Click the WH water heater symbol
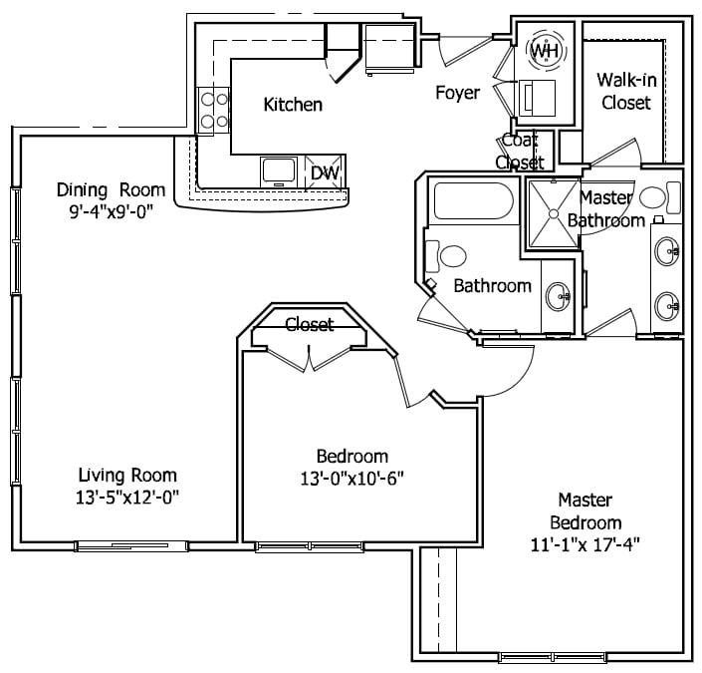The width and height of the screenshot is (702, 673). point(545,50)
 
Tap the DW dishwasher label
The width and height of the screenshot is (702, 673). point(324,172)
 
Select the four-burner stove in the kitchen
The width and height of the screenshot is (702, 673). point(213,111)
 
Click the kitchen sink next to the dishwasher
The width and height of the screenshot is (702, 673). point(277,170)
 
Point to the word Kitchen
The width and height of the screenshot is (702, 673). point(292,105)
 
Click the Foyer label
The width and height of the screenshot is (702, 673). point(457,93)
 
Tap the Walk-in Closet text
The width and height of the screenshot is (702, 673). point(624,91)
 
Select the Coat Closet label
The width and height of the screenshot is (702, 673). point(520,152)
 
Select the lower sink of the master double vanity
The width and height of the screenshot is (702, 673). point(667,303)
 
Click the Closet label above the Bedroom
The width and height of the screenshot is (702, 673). point(310,324)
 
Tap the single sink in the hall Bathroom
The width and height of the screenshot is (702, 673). point(560,295)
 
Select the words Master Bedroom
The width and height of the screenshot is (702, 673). point(589,510)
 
